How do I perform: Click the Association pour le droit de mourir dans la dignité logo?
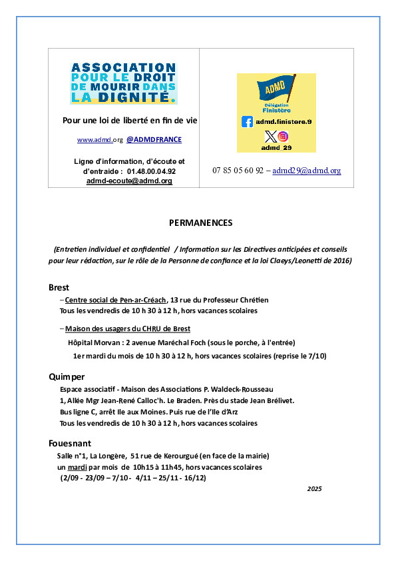pyautogui.click(x=124, y=83)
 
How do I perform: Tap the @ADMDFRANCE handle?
pyautogui.click(x=154, y=140)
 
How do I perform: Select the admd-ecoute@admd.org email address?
pyautogui.click(x=129, y=181)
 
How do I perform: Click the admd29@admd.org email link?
pyautogui.click(x=307, y=171)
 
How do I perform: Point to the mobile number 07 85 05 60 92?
pyautogui.click(x=238, y=171)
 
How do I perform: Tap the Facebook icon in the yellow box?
pyautogui.click(x=247, y=122)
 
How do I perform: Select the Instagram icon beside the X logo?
pyautogui.click(x=284, y=137)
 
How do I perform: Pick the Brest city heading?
pyautogui.click(x=59, y=287)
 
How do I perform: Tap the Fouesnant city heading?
pyautogui.click(x=70, y=443)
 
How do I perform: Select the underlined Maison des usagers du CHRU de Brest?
pyautogui.click(x=128, y=328)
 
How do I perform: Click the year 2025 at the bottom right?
pyautogui.click(x=314, y=489)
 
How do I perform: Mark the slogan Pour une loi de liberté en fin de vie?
pyautogui.click(x=130, y=121)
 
